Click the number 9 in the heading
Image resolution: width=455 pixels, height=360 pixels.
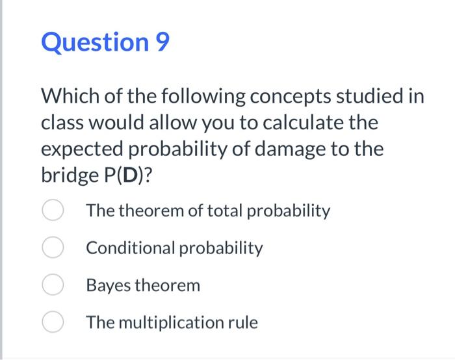click(x=162, y=43)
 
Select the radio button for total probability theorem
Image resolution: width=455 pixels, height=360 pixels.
click(x=52, y=211)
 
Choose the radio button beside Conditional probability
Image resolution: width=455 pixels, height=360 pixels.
click(x=52, y=248)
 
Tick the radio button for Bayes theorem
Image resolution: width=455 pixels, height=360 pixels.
click(x=52, y=285)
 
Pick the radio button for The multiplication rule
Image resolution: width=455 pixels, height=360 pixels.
click(x=52, y=322)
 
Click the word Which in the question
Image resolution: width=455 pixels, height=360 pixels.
click(x=69, y=97)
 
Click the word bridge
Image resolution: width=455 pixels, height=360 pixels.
click(x=65, y=175)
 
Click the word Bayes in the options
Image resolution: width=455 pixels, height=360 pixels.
click(x=105, y=285)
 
